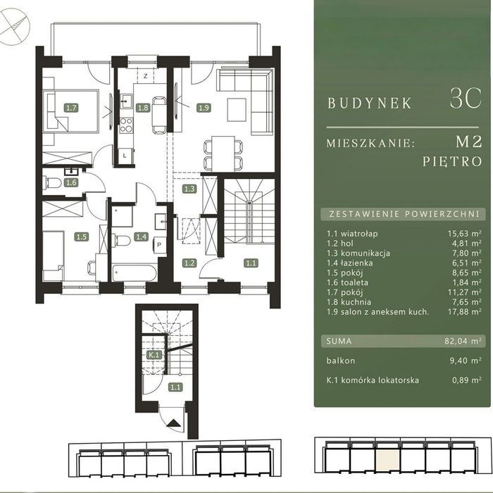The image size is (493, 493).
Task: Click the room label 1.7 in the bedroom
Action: [71, 108]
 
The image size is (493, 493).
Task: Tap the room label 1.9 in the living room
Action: [204, 108]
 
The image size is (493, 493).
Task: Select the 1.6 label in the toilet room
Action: [71, 182]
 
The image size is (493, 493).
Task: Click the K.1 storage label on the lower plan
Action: [154, 355]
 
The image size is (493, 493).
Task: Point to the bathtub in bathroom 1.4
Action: [135, 273]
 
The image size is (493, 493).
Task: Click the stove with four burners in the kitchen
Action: [126, 125]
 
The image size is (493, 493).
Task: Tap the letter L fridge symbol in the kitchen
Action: [125, 155]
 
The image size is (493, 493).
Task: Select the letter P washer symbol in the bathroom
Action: [159, 244]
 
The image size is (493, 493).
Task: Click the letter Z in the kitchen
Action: [146, 76]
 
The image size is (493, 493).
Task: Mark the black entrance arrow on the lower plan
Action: [173, 423]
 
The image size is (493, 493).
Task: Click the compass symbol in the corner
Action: [14, 27]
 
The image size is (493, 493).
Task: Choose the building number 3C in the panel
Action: [466, 99]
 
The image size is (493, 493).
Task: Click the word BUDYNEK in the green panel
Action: [370, 103]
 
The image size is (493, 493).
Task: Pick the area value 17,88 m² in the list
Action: [465, 311]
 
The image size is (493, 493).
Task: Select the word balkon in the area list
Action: [340, 361]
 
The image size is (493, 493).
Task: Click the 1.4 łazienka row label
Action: [350, 263]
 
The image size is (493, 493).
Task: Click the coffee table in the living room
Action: [237, 110]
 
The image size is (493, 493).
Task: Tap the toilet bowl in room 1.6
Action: [54, 183]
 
